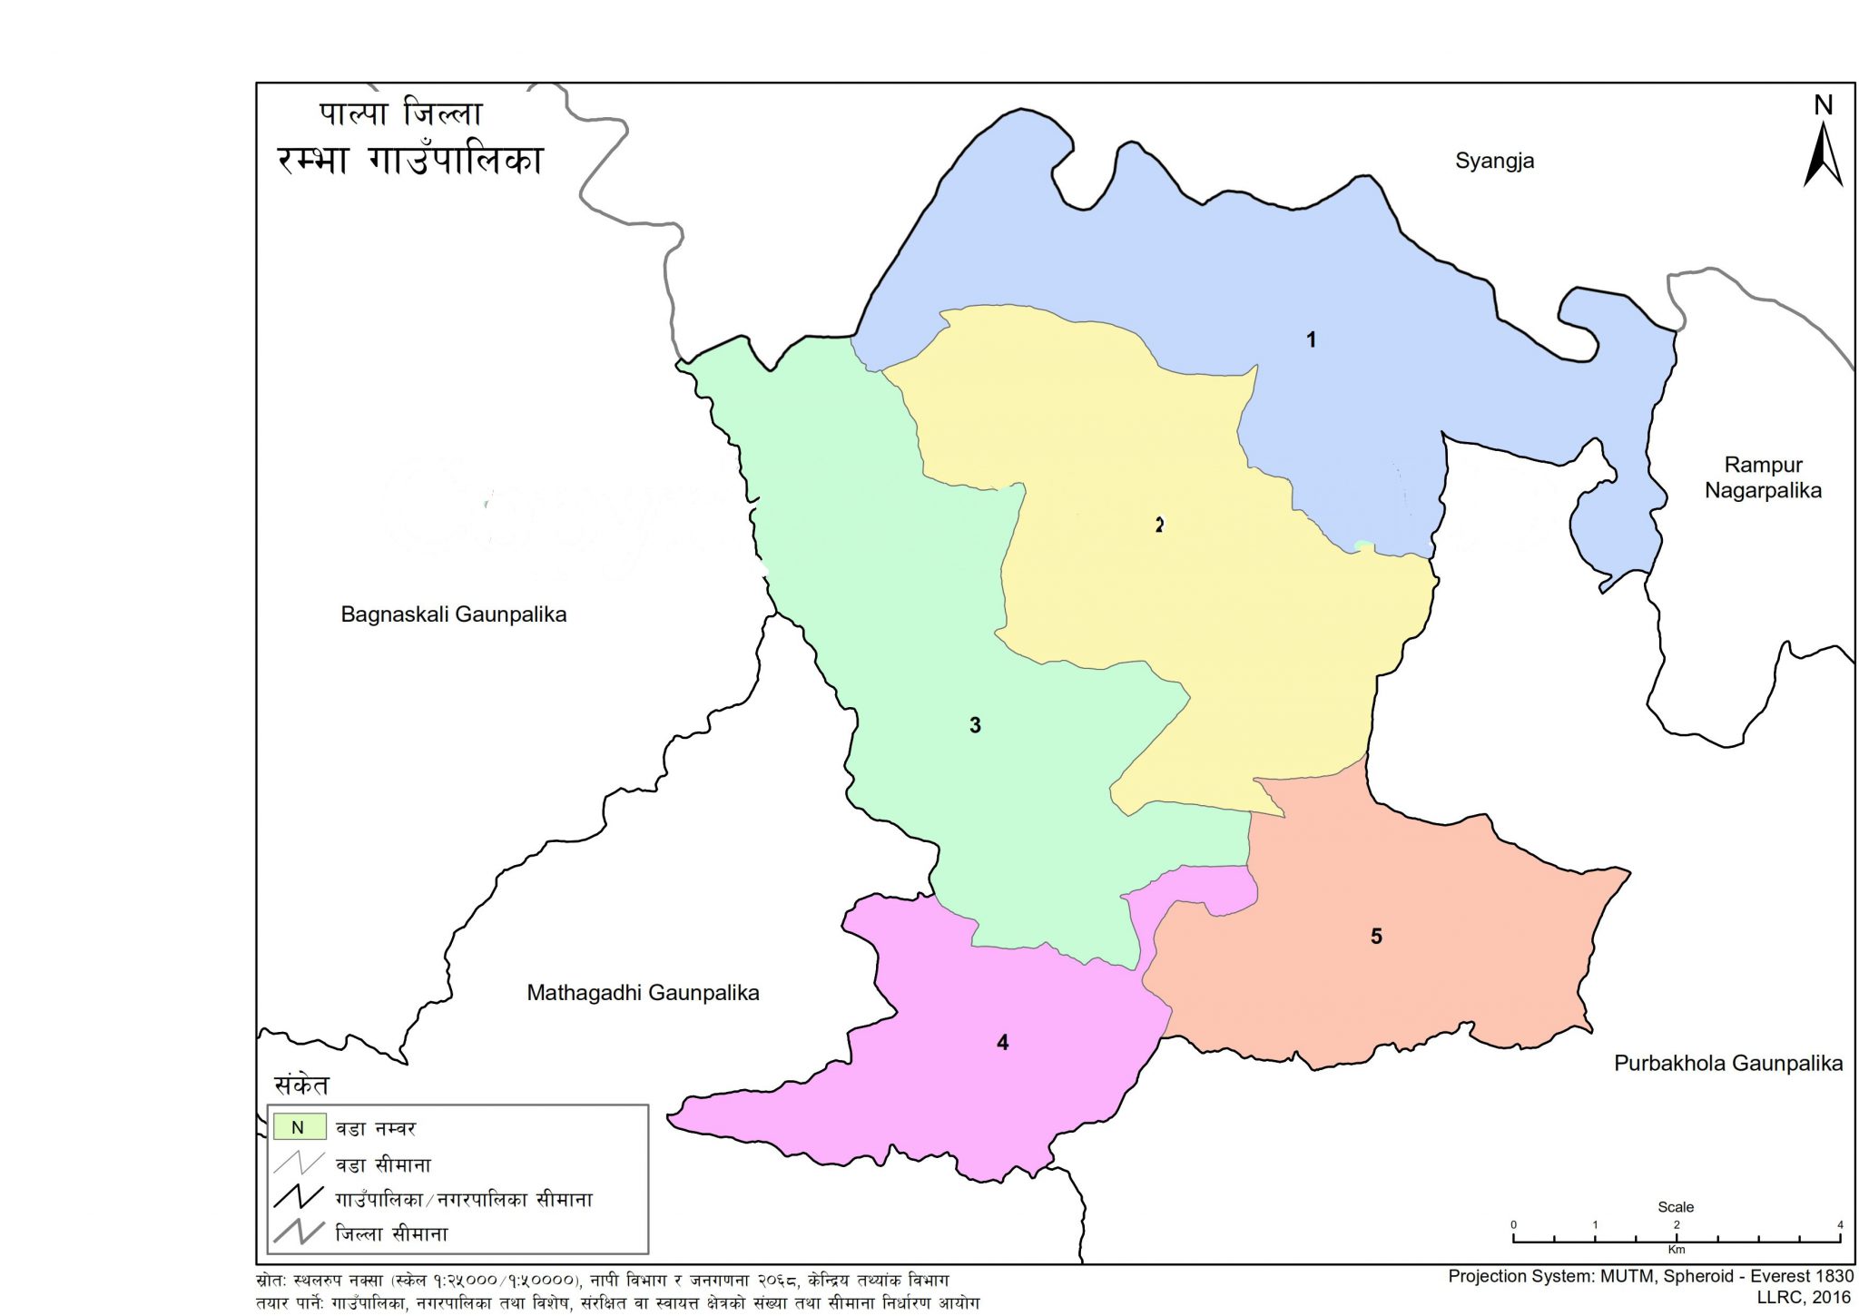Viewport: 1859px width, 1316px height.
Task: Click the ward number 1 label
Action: [x=1311, y=339]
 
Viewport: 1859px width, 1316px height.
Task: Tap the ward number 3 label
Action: [x=975, y=725]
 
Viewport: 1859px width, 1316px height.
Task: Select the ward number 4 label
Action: [x=1002, y=1043]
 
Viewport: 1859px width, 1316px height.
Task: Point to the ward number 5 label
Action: [x=1376, y=937]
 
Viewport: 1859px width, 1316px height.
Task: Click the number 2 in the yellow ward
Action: [x=1159, y=525]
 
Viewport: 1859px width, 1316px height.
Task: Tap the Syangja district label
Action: [x=1494, y=161]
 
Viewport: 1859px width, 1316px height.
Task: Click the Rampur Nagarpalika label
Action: [x=1763, y=477]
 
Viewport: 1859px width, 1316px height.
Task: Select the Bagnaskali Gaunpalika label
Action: [x=453, y=614]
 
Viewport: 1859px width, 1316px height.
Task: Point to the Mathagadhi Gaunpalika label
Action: [x=643, y=993]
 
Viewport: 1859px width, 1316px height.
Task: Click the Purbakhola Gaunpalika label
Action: [x=1727, y=1064]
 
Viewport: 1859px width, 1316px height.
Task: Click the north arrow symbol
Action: [x=1823, y=156]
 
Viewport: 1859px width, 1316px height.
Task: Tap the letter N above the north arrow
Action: [x=1823, y=105]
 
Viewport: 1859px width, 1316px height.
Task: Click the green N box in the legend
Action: [x=299, y=1128]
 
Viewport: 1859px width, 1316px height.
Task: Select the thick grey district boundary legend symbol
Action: [x=299, y=1233]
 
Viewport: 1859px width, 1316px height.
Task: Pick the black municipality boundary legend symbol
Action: [x=299, y=1198]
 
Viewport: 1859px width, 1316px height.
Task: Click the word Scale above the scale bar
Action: [x=1676, y=1207]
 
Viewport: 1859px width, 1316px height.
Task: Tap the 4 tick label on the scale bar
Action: [x=1840, y=1225]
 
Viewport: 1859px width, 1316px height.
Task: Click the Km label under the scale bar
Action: [x=1677, y=1251]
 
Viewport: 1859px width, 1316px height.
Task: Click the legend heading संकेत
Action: [x=301, y=1085]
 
